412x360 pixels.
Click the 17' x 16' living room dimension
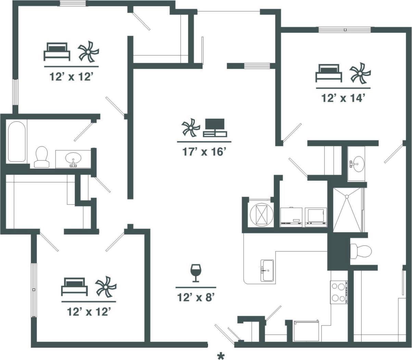[204, 151]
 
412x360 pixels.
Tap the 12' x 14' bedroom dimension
[342, 98]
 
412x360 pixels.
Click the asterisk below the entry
[221, 356]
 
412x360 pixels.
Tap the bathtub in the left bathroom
[17, 141]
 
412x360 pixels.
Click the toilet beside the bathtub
[41, 157]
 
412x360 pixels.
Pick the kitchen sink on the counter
[267, 270]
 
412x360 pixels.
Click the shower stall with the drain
[347, 209]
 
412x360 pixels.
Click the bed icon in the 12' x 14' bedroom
[329, 73]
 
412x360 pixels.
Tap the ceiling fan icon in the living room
[190, 128]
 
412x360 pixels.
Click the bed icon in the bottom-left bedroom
[74, 286]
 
